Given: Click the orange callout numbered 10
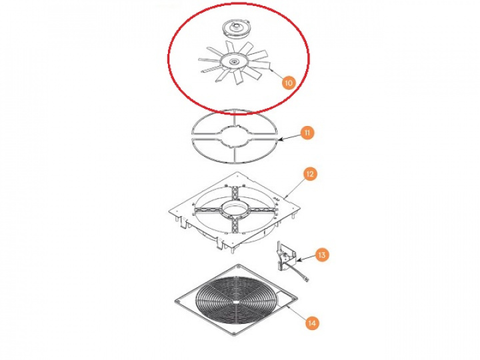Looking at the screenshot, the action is [288, 83].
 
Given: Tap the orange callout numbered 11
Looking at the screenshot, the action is [307, 133].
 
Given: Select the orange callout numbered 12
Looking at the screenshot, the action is [310, 174].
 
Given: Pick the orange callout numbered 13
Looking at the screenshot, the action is [322, 255].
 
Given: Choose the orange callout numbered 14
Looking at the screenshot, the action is [311, 323].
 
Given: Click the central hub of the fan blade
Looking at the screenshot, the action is [234, 62].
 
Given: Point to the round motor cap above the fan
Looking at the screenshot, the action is [236, 29].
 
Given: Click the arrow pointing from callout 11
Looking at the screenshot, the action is [290, 137].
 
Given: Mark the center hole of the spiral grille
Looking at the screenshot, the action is [237, 303].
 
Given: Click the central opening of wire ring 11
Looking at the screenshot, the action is [234, 137].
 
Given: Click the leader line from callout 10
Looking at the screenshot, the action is [276, 73].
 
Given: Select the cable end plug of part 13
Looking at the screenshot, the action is [307, 279].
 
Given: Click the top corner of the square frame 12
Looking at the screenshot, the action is [237, 172].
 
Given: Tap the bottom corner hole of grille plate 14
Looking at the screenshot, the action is [233, 333].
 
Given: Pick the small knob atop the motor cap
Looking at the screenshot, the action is [236, 25].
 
